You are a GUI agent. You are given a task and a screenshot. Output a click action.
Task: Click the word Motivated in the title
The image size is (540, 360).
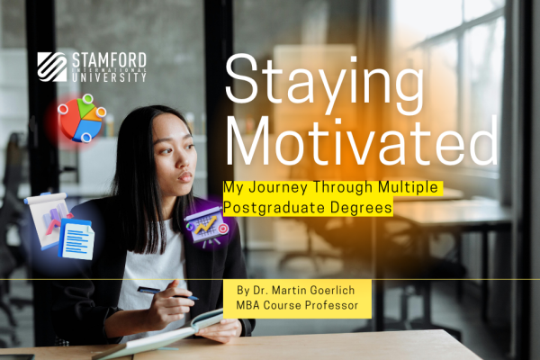tap(362, 141)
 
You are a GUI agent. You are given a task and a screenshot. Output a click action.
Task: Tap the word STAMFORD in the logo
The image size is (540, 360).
tap(109, 60)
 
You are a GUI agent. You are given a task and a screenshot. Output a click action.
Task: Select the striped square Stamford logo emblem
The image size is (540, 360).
tap(52, 67)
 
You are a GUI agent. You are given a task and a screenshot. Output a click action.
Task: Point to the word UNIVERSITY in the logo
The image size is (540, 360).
tap(109, 77)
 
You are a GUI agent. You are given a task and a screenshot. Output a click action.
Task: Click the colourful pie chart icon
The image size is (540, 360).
tap(82, 118)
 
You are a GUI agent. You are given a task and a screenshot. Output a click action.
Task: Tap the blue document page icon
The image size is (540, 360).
tap(76, 239)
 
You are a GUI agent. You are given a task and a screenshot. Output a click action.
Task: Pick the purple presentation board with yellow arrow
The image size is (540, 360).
tap(206, 226)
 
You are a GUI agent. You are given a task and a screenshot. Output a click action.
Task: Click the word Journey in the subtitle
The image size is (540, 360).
tap(278, 188)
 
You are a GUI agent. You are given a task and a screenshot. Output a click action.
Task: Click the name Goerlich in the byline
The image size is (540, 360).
tap(332, 291)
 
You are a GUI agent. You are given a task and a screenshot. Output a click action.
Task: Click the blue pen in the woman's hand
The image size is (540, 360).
tap(168, 293)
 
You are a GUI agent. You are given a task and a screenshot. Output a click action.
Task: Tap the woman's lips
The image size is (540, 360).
tap(186, 177)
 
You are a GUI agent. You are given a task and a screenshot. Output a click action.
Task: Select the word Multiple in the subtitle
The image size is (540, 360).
tap(408, 187)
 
